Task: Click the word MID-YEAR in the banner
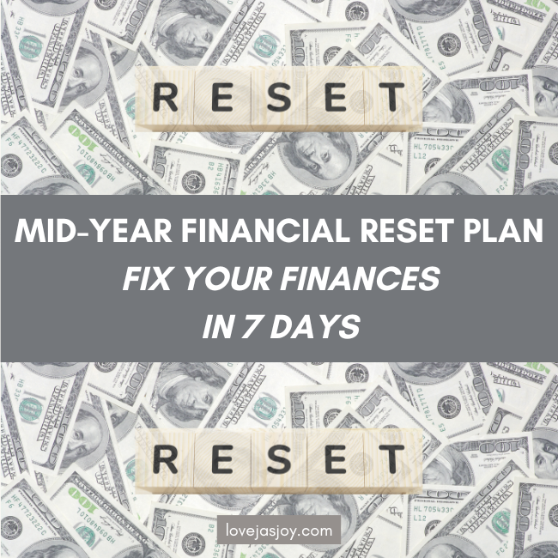94,231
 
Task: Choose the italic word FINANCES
360,278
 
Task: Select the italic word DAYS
315,326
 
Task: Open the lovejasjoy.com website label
279,531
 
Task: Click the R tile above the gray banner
165,97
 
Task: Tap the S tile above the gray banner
279,97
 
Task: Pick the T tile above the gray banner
392,97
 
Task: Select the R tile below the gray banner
165,459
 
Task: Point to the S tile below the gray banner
279,459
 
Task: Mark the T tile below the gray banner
392,459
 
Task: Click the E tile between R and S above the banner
222,97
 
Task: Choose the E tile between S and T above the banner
336,97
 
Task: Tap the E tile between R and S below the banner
222,459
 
